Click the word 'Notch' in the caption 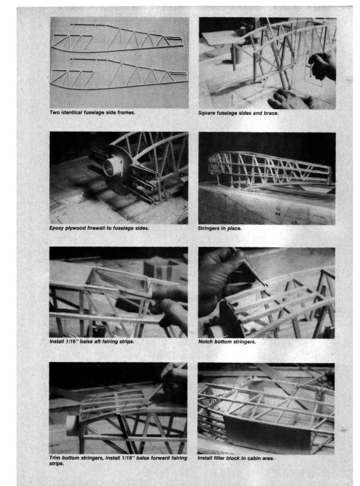tap(205, 342)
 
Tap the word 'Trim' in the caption tap(55, 458)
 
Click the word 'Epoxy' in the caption tap(56, 228)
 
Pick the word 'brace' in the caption tap(271, 113)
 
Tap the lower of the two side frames tap(119, 75)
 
